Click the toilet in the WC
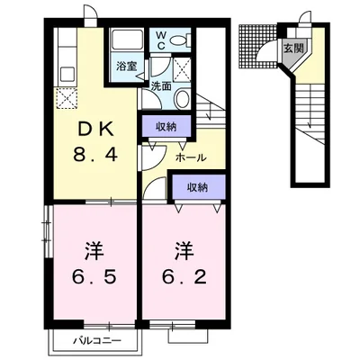pyautogui.click(x=180, y=40)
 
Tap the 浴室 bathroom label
pyautogui.click(x=126, y=66)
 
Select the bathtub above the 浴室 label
pyautogui.click(x=127, y=40)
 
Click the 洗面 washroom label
pyautogui.click(x=161, y=86)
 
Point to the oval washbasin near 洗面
pyautogui.click(x=182, y=99)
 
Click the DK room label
pyautogui.click(x=95, y=130)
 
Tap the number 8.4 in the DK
pyautogui.click(x=94, y=155)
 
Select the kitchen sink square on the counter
pyautogui.click(x=67, y=74)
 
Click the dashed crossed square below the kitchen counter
pyautogui.click(x=66, y=98)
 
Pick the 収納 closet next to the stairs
pyautogui.click(x=166, y=127)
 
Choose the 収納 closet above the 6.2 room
pyautogui.click(x=198, y=188)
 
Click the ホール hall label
pyautogui.click(x=191, y=157)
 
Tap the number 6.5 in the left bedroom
pyautogui.click(x=94, y=277)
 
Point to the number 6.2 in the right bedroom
pyautogui.click(x=184, y=277)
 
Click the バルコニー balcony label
pyautogui.click(x=98, y=341)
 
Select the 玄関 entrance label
pyautogui.click(x=293, y=49)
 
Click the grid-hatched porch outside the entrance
pyautogui.click(x=258, y=48)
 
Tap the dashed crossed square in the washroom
pyautogui.click(x=182, y=69)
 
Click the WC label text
pyautogui.click(x=161, y=40)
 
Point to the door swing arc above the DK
pyautogui.click(x=91, y=13)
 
